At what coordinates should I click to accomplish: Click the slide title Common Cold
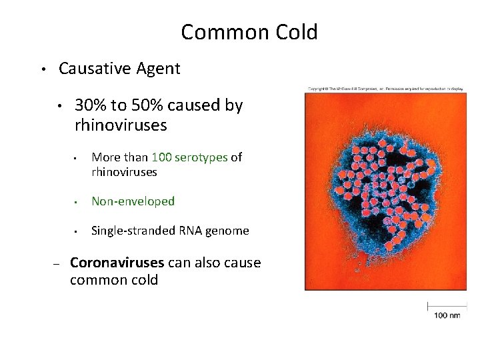point(249,31)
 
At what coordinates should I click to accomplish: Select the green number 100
point(162,157)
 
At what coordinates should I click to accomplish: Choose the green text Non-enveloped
point(133,201)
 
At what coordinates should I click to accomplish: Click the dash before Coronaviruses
point(57,264)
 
